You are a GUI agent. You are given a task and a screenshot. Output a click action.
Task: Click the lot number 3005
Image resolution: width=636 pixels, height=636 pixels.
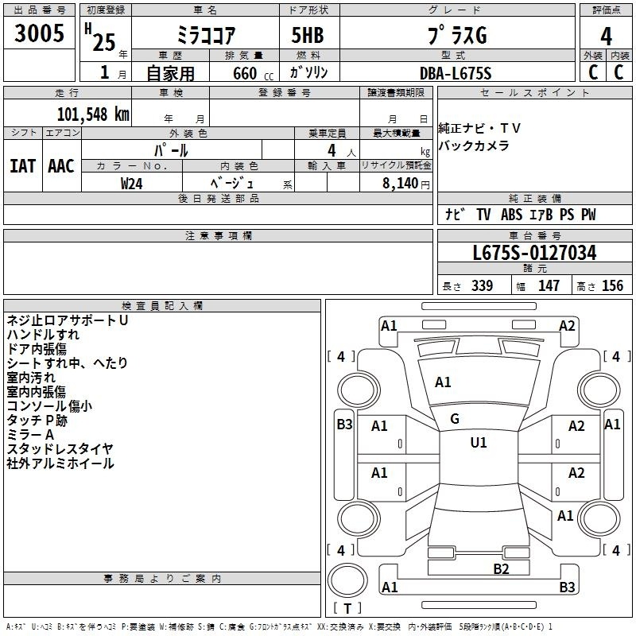(39, 33)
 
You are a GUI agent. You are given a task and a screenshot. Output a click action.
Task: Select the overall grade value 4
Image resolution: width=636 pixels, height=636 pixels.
(606, 37)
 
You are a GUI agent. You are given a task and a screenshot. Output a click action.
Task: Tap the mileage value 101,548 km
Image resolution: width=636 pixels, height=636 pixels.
(93, 114)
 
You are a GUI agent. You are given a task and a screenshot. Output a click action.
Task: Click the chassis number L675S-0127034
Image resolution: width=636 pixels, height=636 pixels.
(534, 253)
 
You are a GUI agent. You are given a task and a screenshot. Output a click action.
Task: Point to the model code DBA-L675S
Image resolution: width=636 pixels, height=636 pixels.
(456, 73)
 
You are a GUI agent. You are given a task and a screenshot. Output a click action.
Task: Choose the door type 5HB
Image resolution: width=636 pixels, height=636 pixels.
(308, 35)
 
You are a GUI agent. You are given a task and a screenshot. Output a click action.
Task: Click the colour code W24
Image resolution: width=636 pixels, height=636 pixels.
(131, 184)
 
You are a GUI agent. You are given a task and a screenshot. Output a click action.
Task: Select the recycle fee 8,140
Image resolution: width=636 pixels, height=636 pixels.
(401, 184)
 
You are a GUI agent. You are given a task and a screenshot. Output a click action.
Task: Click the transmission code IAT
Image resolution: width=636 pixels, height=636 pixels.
(23, 166)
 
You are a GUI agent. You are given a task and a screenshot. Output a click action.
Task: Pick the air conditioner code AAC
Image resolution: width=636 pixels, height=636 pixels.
(61, 166)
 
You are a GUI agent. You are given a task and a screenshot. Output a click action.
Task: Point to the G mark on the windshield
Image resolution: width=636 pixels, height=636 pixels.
(455, 419)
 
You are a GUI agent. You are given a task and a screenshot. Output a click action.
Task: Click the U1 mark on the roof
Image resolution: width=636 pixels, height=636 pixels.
(479, 442)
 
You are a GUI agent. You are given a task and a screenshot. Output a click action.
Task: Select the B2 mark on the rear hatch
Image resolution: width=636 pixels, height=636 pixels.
(501, 569)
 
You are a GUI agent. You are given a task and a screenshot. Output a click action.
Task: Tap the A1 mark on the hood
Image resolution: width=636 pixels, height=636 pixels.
(443, 382)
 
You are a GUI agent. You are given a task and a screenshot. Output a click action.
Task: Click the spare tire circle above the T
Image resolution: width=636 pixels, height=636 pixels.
(347, 580)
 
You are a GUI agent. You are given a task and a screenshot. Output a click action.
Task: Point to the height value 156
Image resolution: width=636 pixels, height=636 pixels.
(612, 285)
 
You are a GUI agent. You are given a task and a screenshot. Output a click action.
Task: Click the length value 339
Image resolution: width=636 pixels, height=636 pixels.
(483, 285)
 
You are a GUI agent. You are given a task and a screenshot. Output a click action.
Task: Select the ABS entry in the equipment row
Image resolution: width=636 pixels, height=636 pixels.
(511, 215)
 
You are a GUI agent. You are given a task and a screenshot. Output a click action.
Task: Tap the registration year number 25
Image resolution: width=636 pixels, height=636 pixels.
(104, 42)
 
